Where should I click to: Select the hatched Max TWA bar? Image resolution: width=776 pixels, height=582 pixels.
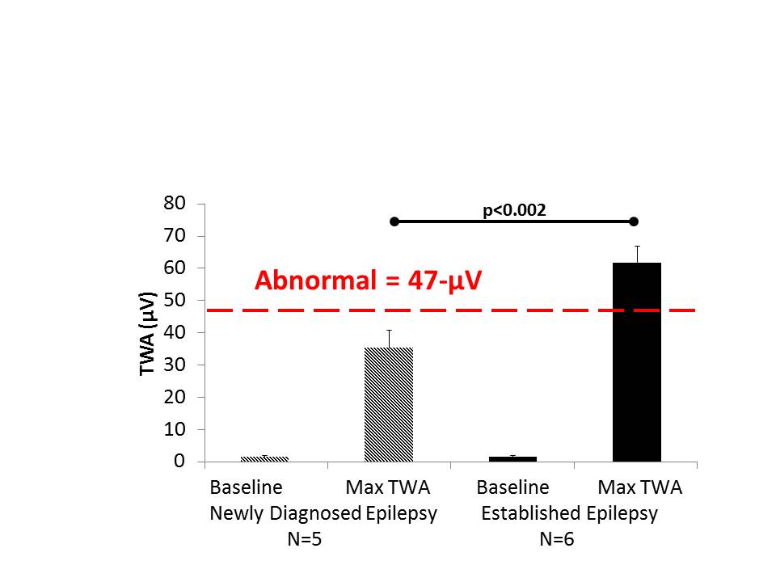[389, 404]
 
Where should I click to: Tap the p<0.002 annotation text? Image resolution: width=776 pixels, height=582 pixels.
[514, 210]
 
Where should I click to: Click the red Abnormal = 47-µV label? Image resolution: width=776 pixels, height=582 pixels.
[369, 280]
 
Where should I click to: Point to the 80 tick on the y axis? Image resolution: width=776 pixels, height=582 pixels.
[175, 203]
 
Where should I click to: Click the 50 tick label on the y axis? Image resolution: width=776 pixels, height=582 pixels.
[175, 300]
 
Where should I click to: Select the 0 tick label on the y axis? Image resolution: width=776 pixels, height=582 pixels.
[180, 462]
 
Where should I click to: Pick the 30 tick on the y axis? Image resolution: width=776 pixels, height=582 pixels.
[175, 365]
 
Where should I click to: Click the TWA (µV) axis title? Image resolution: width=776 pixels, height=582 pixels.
[147, 332]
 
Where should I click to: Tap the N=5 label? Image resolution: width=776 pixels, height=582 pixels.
[305, 539]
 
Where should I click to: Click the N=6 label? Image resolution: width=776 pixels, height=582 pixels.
[557, 539]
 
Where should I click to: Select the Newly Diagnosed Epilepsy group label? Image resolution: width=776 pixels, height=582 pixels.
[323, 513]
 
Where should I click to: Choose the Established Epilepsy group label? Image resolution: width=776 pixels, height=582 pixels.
[570, 513]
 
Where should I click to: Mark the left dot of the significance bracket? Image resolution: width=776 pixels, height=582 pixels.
[394, 221]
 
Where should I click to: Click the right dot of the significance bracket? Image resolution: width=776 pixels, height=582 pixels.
[634, 221]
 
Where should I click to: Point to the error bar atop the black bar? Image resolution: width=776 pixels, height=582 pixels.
[637, 254]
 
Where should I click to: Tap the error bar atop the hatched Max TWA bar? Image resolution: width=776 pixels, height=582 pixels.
[389, 338]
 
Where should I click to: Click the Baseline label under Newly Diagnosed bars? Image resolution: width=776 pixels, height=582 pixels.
[246, 487]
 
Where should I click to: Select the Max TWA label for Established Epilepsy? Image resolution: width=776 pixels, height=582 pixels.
[640, 487]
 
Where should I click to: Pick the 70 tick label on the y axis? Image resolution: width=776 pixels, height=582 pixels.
[175, 235]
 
